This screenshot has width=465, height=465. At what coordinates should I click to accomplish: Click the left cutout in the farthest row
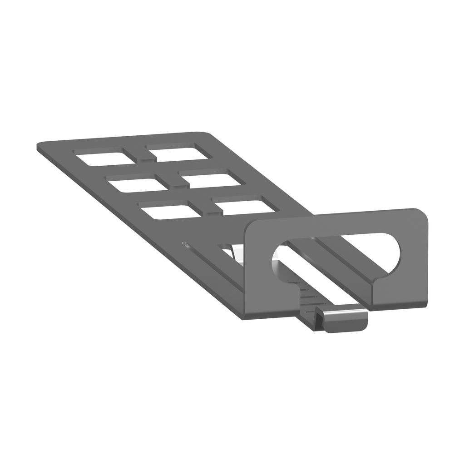click(105, 158)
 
